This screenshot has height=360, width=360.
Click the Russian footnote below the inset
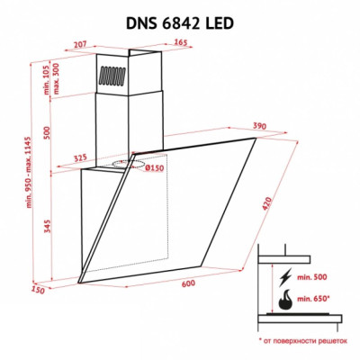click(303, 343)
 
